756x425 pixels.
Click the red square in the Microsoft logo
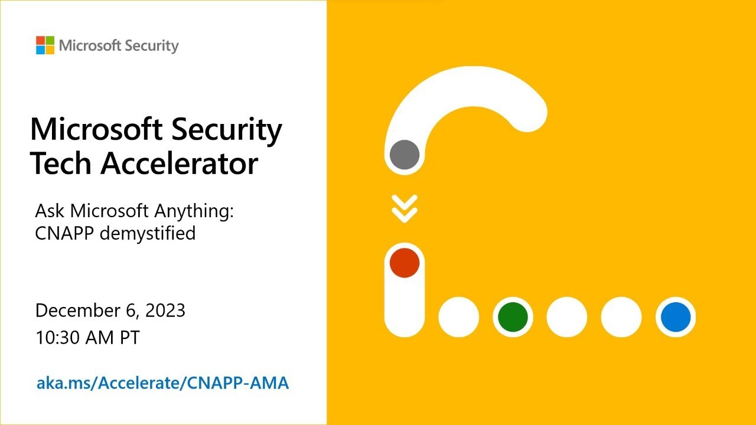(40, 41)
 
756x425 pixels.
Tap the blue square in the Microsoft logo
(40, 50)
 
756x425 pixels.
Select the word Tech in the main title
(61, 163)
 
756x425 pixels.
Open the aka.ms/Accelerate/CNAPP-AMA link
(163, 383)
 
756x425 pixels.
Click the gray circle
(405, 155)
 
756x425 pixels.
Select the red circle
(405, 263)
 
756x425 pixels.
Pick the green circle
(513, 317)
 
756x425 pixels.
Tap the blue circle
(676, 317)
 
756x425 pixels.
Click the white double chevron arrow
(405, 208)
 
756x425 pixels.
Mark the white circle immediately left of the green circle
(458, 317)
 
